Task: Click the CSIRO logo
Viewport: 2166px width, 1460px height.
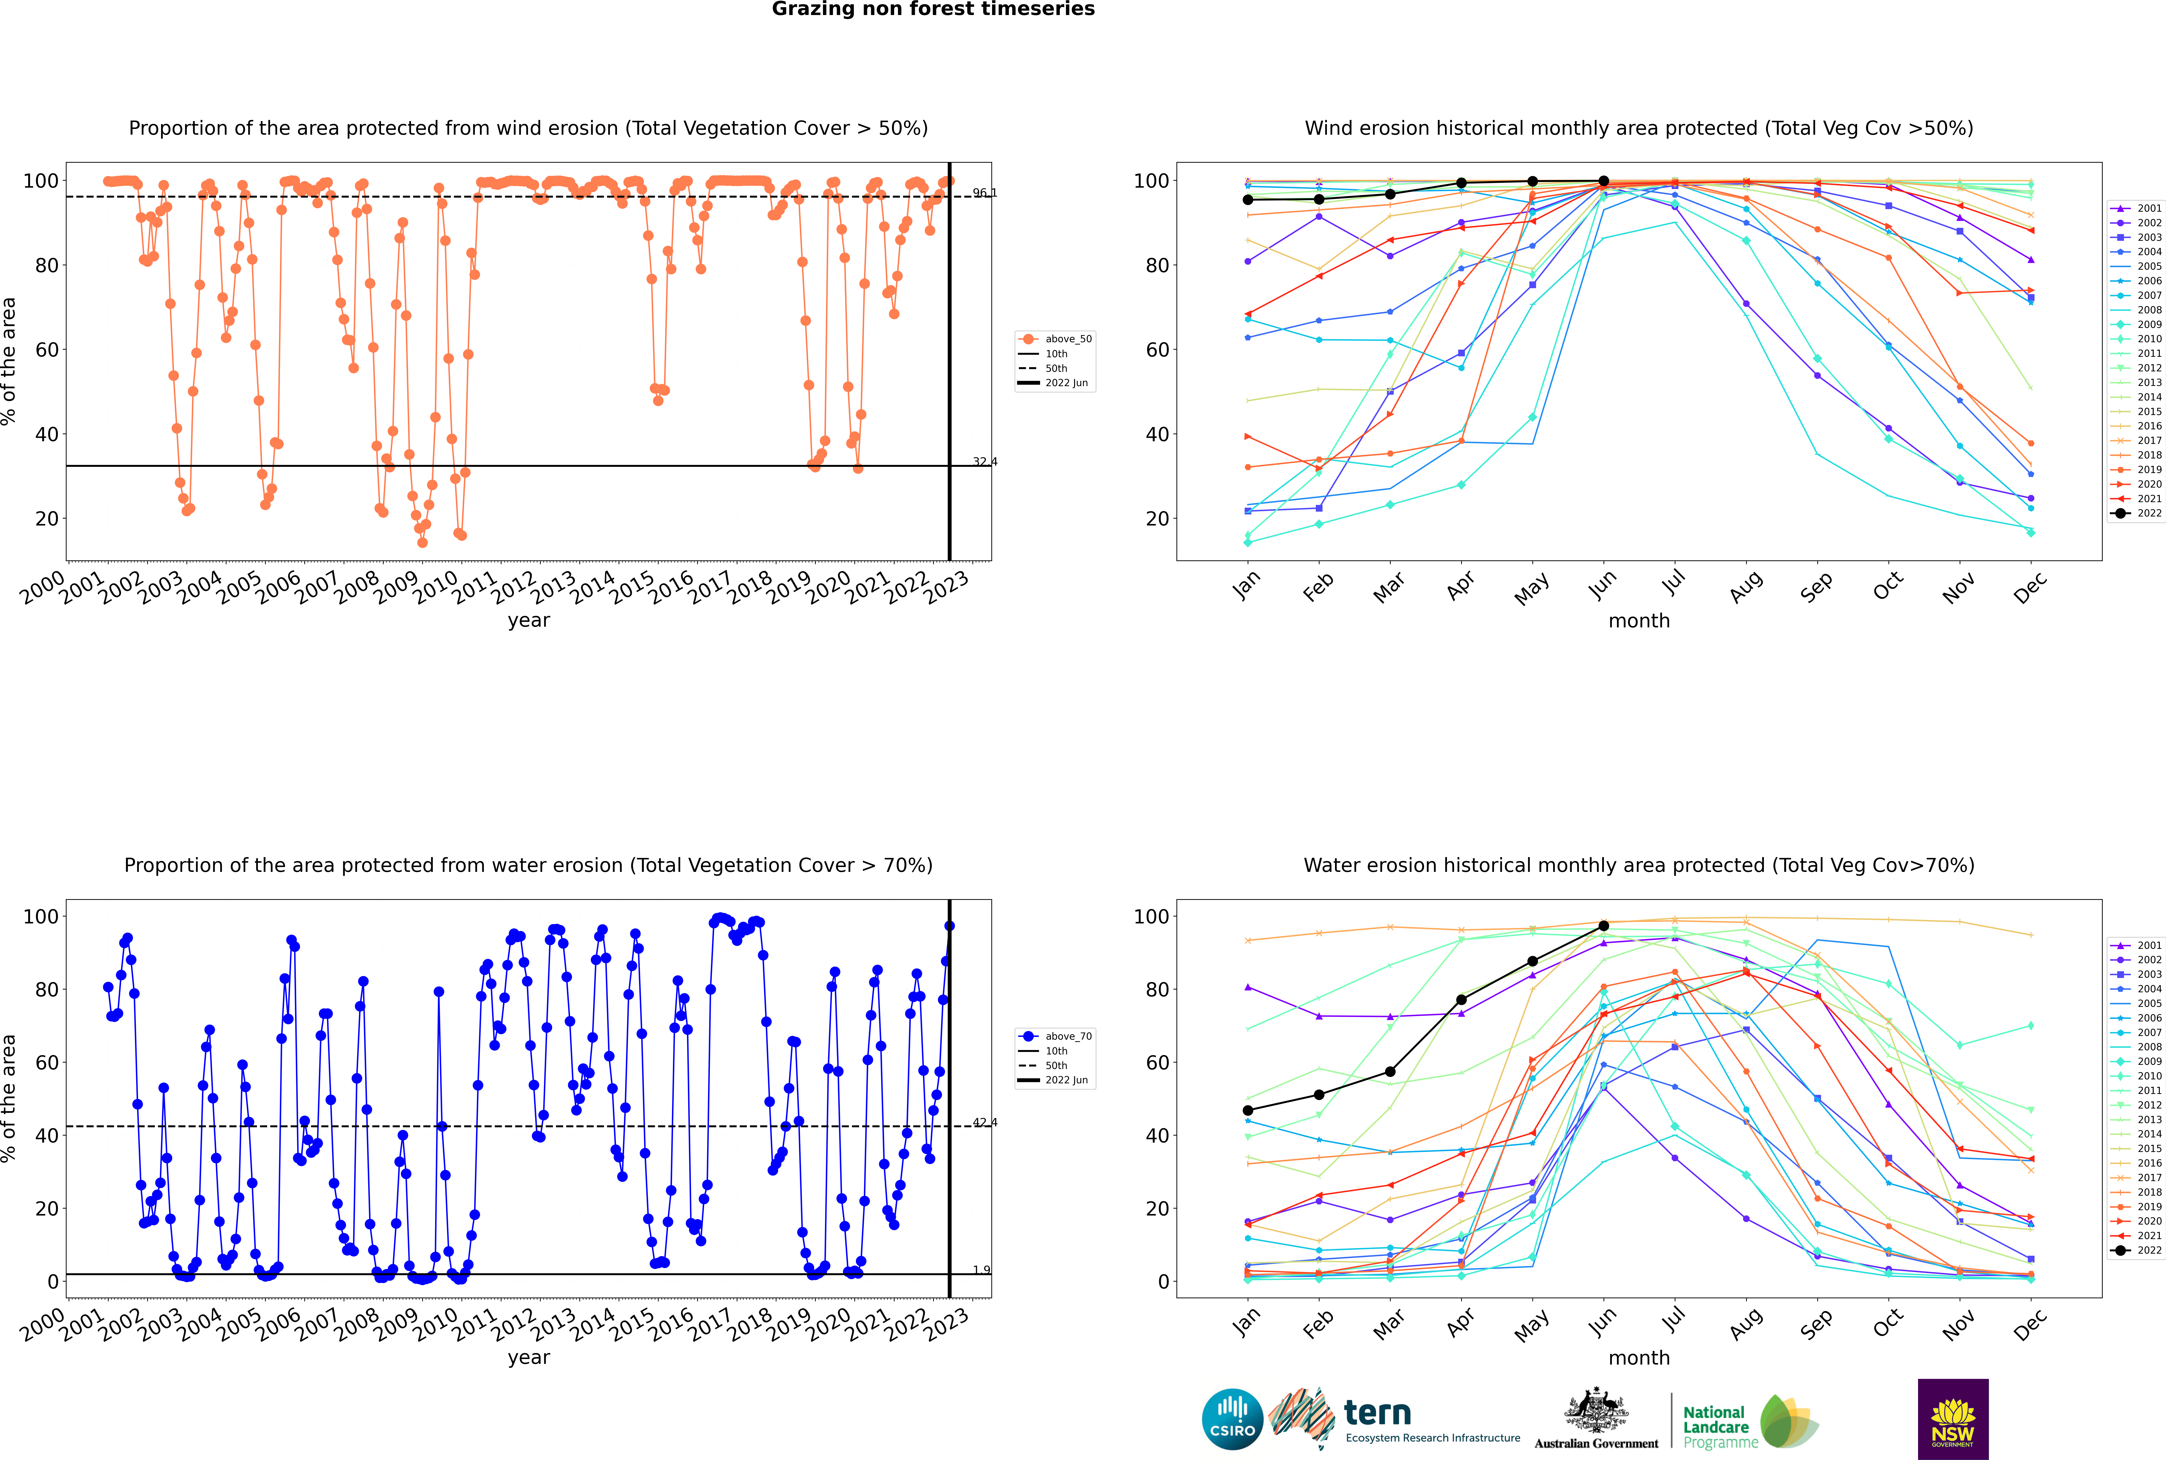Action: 1232,1420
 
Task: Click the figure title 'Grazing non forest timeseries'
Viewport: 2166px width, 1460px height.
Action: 933,9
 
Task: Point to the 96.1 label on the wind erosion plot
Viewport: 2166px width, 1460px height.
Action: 984,193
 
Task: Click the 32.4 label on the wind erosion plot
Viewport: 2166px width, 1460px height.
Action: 984,462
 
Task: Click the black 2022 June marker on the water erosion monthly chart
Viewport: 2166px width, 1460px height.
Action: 1604,925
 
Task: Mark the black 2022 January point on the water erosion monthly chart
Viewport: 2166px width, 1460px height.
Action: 1248,1110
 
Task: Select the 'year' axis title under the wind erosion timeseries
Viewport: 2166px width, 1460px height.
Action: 529,620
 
